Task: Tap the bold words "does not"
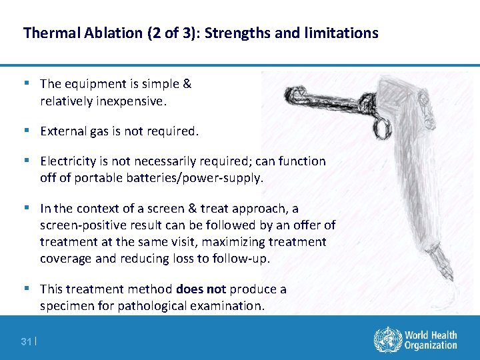click(x=201, y=289)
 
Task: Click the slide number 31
click(x=26, y=341)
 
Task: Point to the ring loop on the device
click(x=381, y=125)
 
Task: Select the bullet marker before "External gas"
click(x=26, y=131)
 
